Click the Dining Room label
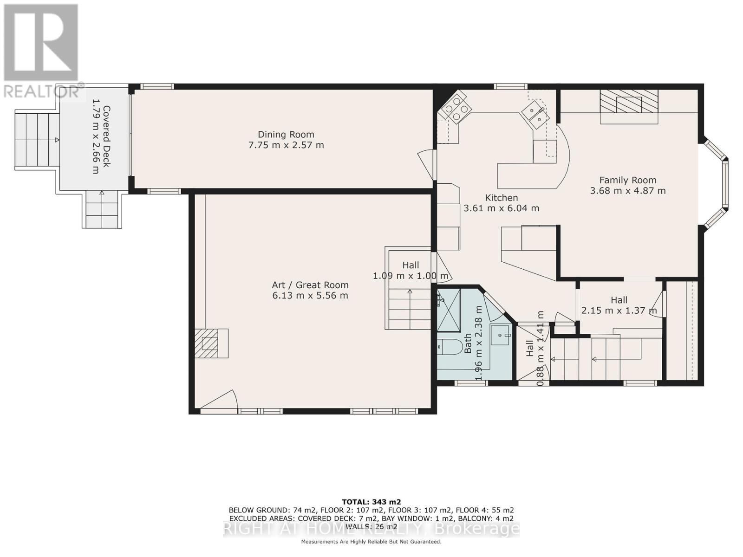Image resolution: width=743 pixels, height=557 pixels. pyautogui.click(x=286, y=134)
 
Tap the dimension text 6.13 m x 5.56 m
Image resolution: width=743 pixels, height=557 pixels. pyautogui.click(x=310, y=296)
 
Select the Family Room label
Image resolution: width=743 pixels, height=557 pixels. pyautogui.click(x=628, y=180)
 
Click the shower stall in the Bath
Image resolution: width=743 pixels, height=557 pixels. pyautogui.click(x=449, y=310)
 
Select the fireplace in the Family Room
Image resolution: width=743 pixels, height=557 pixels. pyautogui.click(x=629, y=106)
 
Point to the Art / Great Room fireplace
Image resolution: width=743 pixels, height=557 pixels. pyautogui.click(x=211, y=343)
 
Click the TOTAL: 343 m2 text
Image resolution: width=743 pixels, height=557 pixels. pyautogui.click(x=371, y=502)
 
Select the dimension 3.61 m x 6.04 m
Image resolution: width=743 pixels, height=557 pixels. pyautogui.click(x=502, y=208)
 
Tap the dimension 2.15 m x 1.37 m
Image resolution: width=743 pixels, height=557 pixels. pyautogui.click(x=619, y=310)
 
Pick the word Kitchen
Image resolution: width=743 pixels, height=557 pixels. pyautogui.click(x=502, y=198)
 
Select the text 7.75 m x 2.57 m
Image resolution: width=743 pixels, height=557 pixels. pyautogui.click(x=286, y=145)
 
